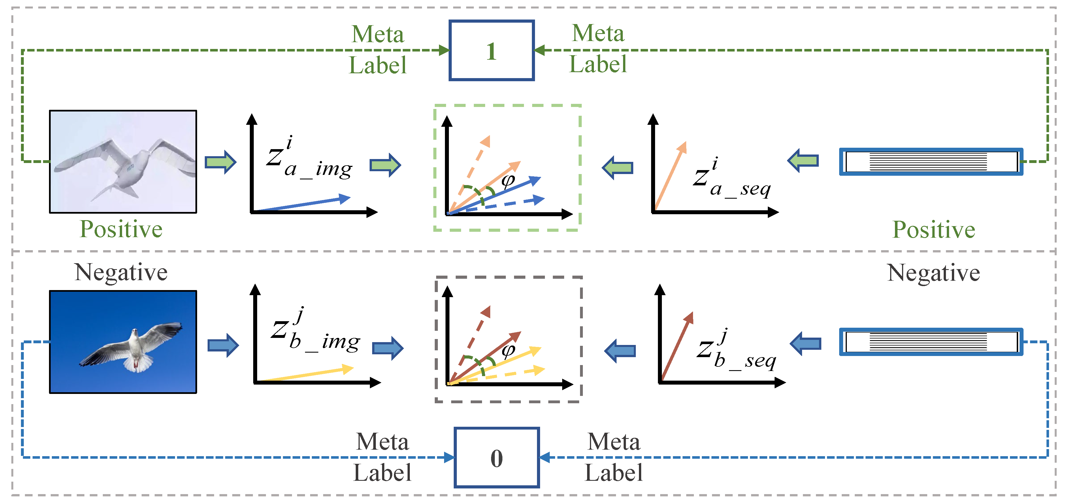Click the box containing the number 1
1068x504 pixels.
(x=491, y=51)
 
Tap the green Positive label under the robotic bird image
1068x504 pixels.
(x=121, y=229)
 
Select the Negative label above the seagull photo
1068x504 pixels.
(x=121, y=273)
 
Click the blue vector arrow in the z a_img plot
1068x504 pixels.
(x=303, y=204)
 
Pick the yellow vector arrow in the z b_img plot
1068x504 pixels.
(x=307, y=374)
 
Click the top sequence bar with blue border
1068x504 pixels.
(x=931, y=162)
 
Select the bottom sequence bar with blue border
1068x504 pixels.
(x=931, y=342)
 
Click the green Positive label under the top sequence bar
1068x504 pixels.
(x=934, y=230)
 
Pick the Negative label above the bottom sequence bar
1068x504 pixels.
(x=934, y=273)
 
